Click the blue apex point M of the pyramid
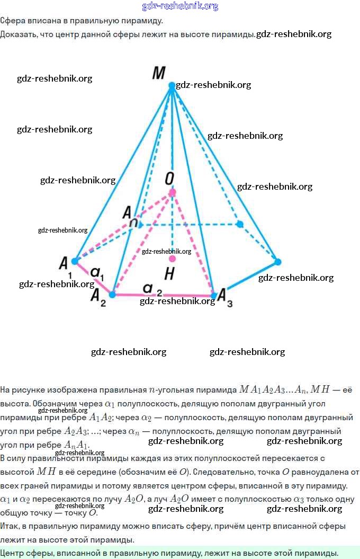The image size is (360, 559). [x=172, y=85]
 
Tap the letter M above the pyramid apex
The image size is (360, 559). [x=158, y=73]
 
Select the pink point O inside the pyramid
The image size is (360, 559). [x=172, y=192]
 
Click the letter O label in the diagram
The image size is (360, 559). [x=169, y=179]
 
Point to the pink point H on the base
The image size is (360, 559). [x=172, y=259]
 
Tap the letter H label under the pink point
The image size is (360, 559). [x=169, y=274]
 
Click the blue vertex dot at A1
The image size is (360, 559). [x=75, y=261]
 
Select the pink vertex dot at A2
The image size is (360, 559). [x=112, y=294]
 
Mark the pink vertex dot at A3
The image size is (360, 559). [x=214, y=295]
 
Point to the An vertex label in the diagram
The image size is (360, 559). [x=130, y=215]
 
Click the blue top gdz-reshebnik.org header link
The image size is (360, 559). [x=180, y=6]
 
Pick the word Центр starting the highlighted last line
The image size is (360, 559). [x=12, y=553]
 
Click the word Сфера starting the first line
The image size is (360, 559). [x=12, y=21]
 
